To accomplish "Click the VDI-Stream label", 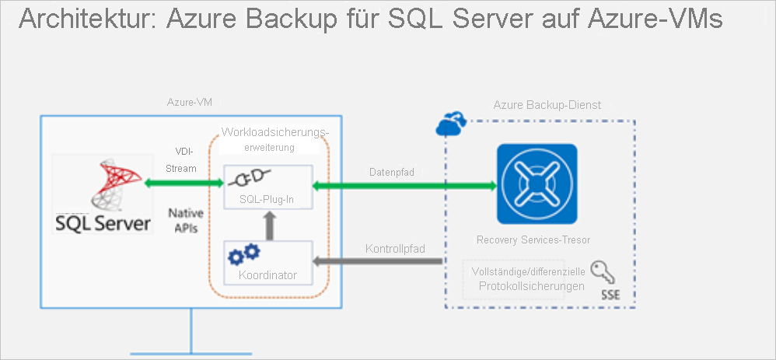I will click(186, 161).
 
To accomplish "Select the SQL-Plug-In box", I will click(267, 187).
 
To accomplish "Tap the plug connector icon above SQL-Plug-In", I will click(247, 180).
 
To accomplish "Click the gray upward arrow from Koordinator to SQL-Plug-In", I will click(267, 225).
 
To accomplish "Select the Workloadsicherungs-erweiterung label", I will click(275, 138).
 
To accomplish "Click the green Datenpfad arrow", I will click(404, 186).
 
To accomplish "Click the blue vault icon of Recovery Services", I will click(537, 183).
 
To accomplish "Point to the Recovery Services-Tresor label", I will click(537, 240).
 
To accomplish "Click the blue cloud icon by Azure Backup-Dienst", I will click(451, 122).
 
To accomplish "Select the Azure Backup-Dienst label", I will click(547, 104).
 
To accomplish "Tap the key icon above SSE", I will click(599, 271).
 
